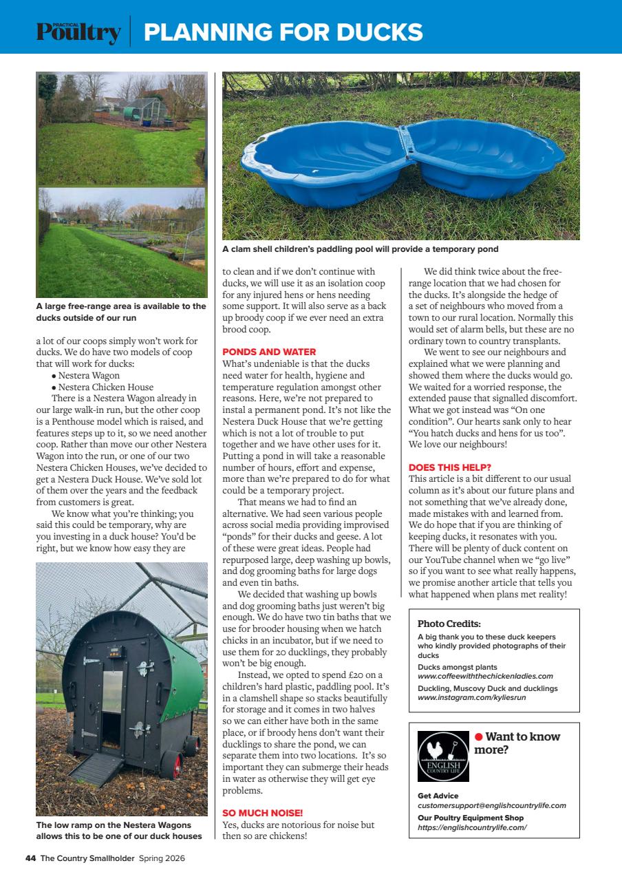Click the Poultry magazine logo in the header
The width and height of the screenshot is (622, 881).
coord(78,32)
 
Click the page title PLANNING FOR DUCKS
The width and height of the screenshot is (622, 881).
coord(283,32)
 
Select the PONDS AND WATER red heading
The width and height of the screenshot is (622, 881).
coord(269,352)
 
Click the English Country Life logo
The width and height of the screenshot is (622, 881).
coord(443,756)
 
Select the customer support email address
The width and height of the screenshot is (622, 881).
coord(491,805)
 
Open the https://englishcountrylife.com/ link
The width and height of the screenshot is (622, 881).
coord(472,827)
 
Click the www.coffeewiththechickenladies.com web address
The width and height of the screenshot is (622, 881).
coord(485,676)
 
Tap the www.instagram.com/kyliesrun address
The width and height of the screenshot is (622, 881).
coord(471,697)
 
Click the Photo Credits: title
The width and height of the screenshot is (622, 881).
coord(449,624)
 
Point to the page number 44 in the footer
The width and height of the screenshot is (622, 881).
coord(30,858)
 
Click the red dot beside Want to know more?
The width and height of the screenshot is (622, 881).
coord(478,736)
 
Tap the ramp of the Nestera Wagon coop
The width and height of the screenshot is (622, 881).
coord(103,768)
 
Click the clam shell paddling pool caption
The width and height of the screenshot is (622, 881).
coord(360,248)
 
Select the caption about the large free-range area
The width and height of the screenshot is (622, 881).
coord(120,312)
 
